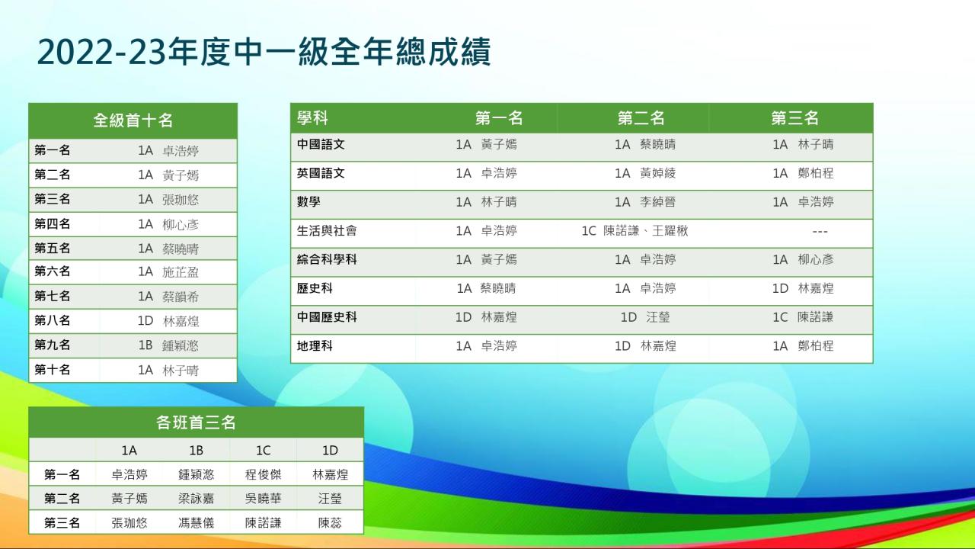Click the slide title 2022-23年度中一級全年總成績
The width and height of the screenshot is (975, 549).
(x=264, y=53)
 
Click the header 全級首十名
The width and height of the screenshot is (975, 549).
(x=133, y=120)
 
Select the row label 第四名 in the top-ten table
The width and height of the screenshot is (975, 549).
(x=53, y=224)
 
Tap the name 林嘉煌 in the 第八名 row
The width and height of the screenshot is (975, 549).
(x=181, y=321)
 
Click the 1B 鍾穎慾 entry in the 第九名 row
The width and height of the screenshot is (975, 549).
(x=168, y=345)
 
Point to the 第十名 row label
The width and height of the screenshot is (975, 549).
(x=53, y=370)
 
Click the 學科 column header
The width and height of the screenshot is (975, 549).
(x=312, y=118)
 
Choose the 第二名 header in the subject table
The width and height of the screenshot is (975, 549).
(x=641, y=118)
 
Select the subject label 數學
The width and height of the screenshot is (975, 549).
(x=308, y=202)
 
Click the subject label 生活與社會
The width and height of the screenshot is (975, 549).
(x=327, y=230)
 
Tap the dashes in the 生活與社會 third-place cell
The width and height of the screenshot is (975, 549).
(x=820, y=231)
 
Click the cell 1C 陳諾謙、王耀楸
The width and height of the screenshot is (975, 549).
(x=635, y=230)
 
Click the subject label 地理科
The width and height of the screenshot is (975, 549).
(x=315, y=346)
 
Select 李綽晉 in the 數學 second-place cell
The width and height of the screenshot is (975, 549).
(x=657, y=202)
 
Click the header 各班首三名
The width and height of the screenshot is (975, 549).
(x=196, y=422)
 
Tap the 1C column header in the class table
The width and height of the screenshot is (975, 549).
(x=263, y=450)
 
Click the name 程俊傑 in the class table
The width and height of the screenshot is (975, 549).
(x=263, y=474)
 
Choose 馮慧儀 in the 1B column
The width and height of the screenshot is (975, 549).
(x=196, y=522)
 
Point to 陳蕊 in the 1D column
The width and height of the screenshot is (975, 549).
(x=330, y=522)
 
